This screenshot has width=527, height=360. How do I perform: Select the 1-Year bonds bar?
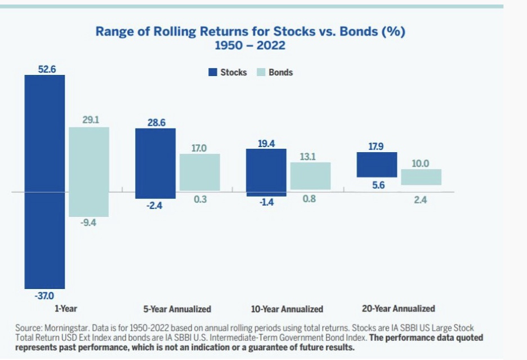click(89, 172)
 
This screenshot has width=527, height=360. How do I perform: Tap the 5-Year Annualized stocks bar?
click(155, 163)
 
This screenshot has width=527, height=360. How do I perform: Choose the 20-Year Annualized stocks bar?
click(377, 165)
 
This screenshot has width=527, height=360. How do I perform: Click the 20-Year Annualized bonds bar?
click(421, 177)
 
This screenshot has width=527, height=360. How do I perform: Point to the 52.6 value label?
click(46, 69)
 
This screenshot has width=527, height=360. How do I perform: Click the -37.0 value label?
click(45, 295)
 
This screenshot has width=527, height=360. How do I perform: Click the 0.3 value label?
click(200, 199)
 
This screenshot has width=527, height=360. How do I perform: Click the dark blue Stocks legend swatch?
click(213, 72)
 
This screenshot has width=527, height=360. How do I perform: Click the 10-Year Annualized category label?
click(287, 309)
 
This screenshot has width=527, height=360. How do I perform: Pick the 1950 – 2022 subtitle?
click(250, 45)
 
